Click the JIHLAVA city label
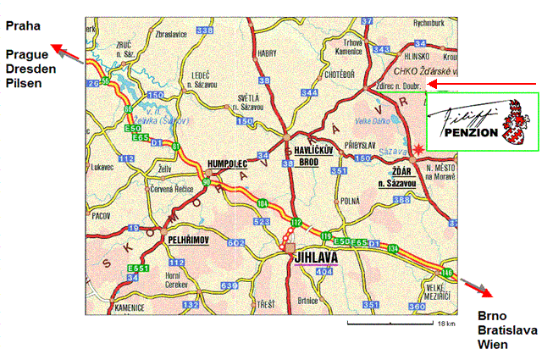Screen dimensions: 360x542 (316, 259)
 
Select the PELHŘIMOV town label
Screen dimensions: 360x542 (191, 241)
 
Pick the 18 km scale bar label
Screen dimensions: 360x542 (446, 324)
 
